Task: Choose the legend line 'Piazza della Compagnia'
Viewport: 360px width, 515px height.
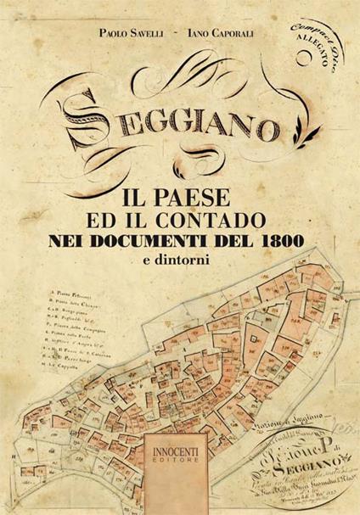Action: click(65, 323)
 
